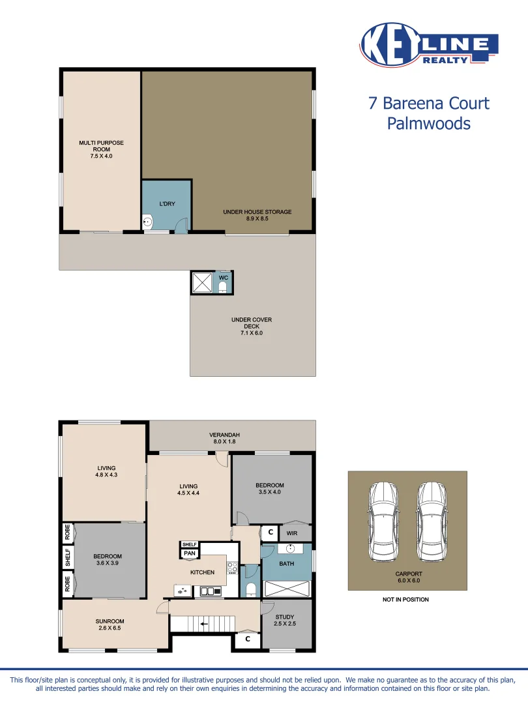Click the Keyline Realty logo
coord(429,44)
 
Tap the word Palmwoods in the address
coord(428,123)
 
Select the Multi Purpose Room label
coord(101,149)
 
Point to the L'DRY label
coord(167,204)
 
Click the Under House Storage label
coord(257,215)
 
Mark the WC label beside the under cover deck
coord(223,278)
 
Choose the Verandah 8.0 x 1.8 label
coord(224,438)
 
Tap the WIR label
coord(292,533)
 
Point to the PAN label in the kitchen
coord(189,553)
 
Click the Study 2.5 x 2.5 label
coord(284,621)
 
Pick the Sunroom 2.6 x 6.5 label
coord(110,624)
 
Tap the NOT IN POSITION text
coord(405,600)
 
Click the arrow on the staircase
coord(204,624)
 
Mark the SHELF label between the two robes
coord(68,557)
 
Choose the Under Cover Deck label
coord(252,326)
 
